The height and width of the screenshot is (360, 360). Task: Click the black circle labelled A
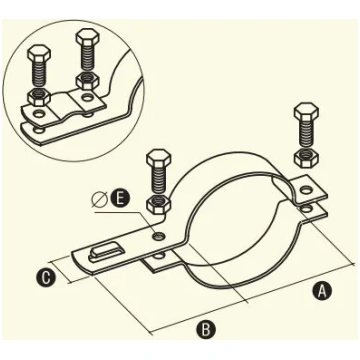322,290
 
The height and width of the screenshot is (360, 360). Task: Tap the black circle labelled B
206,330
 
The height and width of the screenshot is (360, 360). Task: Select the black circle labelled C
46,278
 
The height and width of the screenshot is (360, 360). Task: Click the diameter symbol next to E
99,200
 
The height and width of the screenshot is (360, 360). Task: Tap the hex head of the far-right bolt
306,112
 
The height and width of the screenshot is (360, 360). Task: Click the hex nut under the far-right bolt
306,157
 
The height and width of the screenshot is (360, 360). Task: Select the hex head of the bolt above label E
159,158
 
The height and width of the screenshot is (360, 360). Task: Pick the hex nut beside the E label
159,204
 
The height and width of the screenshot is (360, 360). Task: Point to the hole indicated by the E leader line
158,236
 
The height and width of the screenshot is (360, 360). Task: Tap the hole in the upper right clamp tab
304,191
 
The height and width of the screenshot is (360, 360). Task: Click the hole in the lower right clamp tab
305,209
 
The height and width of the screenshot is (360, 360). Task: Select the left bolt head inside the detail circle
39,52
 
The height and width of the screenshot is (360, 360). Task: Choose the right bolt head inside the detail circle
86,36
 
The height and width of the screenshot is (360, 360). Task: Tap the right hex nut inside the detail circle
86,81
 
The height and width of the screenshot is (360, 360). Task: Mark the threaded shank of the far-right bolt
306,134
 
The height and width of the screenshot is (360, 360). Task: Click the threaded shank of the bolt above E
159,181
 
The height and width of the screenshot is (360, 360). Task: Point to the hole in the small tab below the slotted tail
160,257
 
